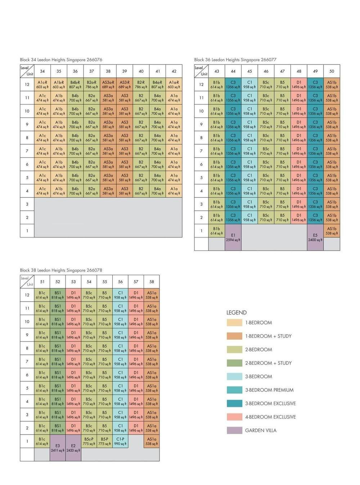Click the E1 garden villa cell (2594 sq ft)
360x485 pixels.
233,237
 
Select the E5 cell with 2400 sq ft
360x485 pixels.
315,237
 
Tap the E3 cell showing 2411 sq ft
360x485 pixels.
58,448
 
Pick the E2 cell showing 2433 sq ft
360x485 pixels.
73,448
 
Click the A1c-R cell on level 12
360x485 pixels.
42,85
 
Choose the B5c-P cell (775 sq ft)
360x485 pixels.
89,441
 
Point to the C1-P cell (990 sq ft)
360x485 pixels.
120,441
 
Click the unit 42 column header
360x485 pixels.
174,71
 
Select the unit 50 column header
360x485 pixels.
332,71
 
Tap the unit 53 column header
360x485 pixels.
73,282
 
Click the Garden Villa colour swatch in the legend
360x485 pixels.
234,430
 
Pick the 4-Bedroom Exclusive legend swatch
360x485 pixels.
234,417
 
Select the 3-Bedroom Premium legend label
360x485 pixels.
269,390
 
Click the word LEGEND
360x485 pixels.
237,312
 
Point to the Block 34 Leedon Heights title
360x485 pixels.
61,60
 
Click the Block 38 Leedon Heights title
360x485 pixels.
61,270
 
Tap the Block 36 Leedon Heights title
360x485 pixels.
235,60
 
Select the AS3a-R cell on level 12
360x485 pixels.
108,85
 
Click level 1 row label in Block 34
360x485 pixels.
27,231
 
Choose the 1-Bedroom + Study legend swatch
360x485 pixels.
234,336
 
